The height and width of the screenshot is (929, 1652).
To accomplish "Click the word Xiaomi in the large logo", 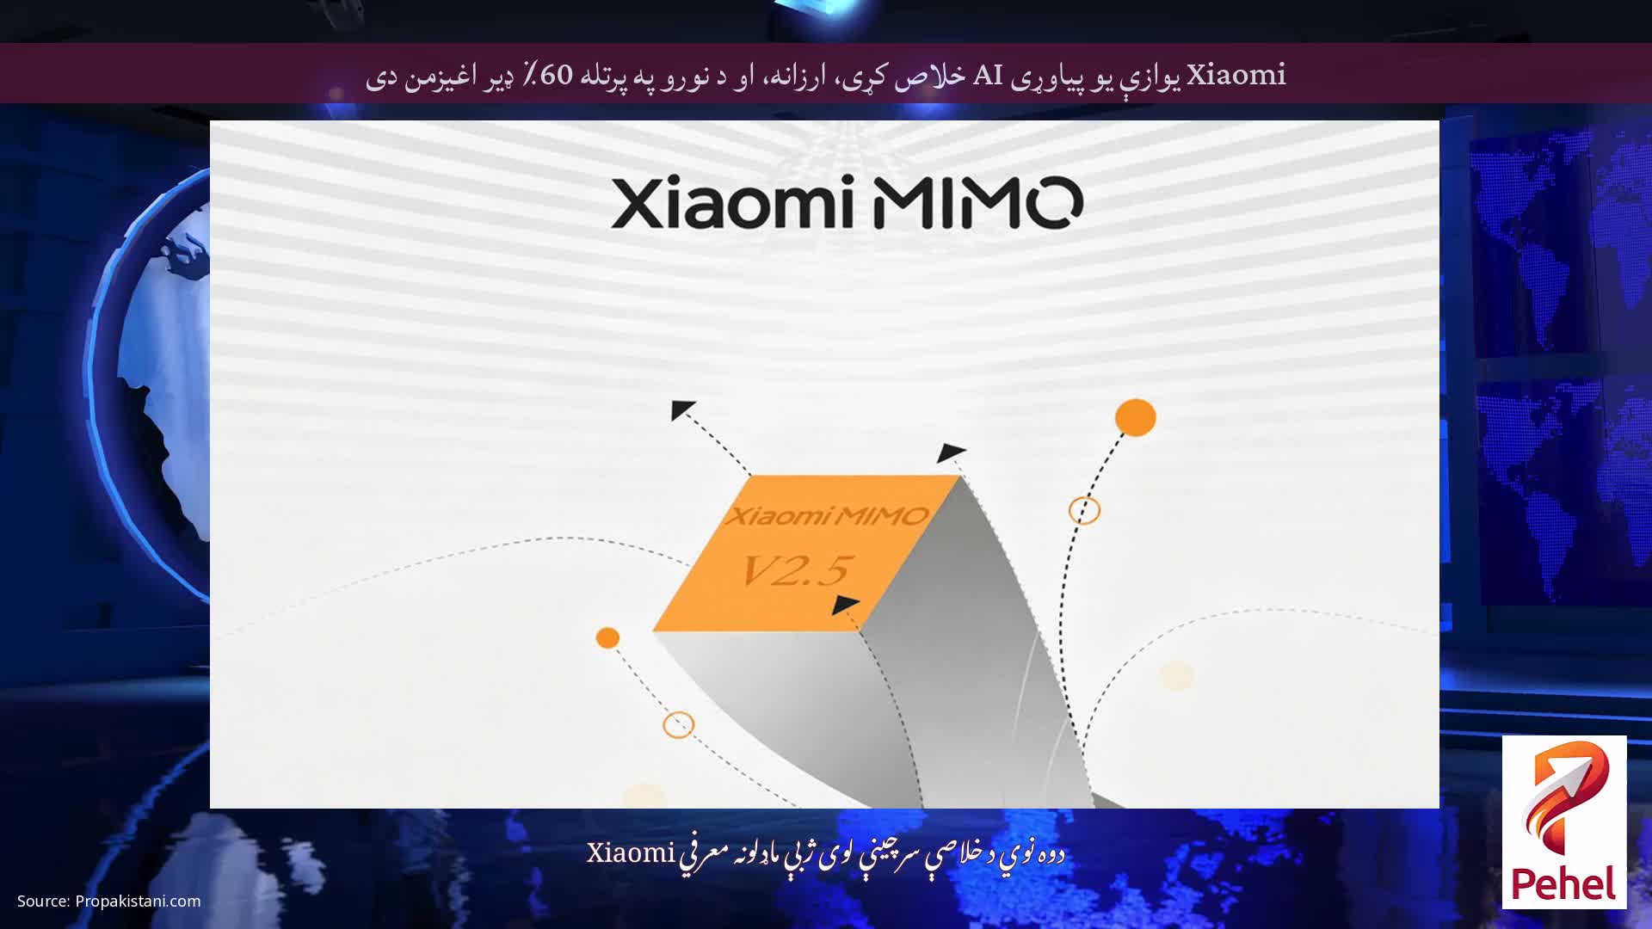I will tap(730, 203).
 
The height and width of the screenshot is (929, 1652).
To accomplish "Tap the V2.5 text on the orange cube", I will tap(796, 570).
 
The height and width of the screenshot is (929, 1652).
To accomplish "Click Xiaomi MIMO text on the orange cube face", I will tap(827, 516).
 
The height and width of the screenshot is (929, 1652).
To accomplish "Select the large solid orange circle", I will tap(1135, 417).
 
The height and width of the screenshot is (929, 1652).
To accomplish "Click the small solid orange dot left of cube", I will tap(607, 637).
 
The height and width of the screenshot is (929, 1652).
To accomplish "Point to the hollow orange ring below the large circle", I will tap(1084, 510).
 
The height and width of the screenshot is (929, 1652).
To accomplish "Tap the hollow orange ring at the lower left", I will tap(678, 724).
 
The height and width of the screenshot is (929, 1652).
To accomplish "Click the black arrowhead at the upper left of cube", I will tap(681, 409).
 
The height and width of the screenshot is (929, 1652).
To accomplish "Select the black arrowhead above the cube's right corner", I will tap(951, 452).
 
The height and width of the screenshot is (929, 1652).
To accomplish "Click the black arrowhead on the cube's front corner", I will tap(845, 605).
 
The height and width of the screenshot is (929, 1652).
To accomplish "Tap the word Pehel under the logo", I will tap(1563, 884).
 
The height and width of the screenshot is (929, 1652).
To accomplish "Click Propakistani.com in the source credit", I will tap(138, 901).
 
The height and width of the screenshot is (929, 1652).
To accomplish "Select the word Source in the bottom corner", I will tap(43, 901).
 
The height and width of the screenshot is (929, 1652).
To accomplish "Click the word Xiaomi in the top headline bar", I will tap(1236, 75).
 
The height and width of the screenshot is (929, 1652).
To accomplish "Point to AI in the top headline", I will tap(988, 75).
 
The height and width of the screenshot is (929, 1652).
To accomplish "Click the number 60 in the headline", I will tap(556, 75).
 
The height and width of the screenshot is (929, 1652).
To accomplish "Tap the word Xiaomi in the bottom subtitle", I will tap(631, 853).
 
